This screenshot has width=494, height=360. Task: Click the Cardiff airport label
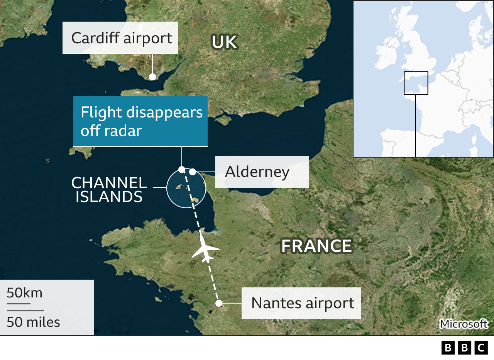pyautogui.click(x=120, y=38)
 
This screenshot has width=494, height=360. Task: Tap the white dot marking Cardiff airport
pyautogui.click(x=152, y=76)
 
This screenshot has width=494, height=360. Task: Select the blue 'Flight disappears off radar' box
pyautogui.click(x=140, y=121)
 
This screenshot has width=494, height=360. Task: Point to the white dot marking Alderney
pyautogui.click(x=193, y=172)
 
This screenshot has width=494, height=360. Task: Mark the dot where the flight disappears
pyautogui.click(x=182, y=169)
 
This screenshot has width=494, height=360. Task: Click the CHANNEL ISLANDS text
pyautogui.click(x=109, y=190)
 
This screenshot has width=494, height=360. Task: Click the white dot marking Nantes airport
pyautogui.click(x=218, y=303)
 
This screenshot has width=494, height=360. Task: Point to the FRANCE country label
pyautogui.click(x=316, y=246)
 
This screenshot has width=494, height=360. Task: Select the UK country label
pyautogui.click(x=224, y=42)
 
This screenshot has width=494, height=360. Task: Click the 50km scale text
pyautogui.click(x=24, y=293)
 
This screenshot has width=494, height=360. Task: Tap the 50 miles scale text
pyautogui.click(x=33, y=322)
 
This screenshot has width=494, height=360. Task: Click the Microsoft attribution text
pyautogui.click(x=464, y=324)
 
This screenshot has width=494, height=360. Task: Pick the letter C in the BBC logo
pyautogui.click(x=481, y=348)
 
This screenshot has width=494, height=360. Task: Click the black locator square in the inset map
pyautogui.click(x=416, y=83)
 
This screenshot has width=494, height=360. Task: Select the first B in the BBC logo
pyautogui.click(x=448, y=348)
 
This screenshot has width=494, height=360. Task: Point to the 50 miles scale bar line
pyautogui.click(x=25, y=310)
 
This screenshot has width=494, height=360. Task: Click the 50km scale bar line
pyautogui.click(x=19, y=304)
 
